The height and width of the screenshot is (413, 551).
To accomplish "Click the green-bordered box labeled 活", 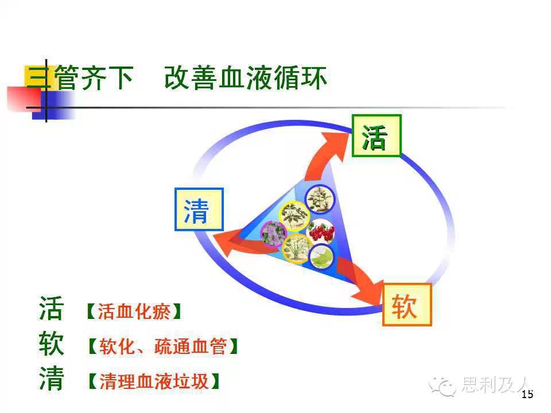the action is pyautogui.click(x=377, y=135).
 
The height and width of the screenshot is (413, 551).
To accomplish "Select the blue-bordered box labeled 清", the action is pyautogui.click(x=199, y=209).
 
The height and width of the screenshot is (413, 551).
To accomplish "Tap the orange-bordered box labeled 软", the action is pyautogui.click(x=407, y=305).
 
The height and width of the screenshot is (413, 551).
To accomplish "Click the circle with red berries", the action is pyautogui.click(x=321, y=231).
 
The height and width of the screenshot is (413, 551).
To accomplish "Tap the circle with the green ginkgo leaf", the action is pyautogui.click(x=321, y=256).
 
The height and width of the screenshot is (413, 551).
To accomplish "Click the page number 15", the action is pyautogui.click(x=527, y=395).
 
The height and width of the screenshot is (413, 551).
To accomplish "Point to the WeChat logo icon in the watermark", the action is pyautogui.click(x=442, y=387).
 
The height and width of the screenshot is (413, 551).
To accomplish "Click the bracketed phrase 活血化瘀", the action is pyautogui.click(x=134, y=311).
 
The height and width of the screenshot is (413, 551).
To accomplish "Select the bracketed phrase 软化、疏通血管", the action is pyautogui.click(x=162, y=346).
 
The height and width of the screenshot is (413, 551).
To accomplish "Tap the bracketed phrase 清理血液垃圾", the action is pyautogui.click(x=154, y=381).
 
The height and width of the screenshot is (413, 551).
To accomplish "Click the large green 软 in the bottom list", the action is pyautogui.click(x=51, y=344).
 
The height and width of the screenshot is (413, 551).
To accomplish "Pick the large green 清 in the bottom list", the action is pyautogui.click(x=51, y=379).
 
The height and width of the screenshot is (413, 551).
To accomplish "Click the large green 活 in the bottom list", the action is pyautogui.click(x=51, y=309).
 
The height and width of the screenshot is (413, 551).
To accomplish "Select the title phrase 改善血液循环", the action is pyautogui.click(x=245, y=77).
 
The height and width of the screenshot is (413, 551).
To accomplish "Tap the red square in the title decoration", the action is pyautogui.click(x=24, y=99).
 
